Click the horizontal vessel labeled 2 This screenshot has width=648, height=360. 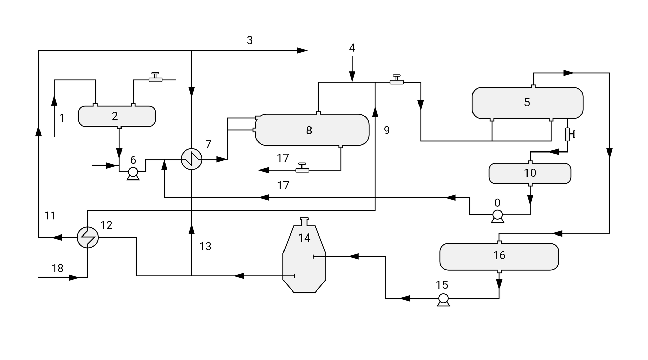117,116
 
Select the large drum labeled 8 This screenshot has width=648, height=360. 312,130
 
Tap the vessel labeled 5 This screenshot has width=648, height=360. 527,103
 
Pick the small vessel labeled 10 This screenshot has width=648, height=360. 530,173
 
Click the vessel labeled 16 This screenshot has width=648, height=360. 499,256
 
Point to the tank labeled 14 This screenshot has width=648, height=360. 304,260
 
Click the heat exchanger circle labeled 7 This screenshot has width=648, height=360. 191,159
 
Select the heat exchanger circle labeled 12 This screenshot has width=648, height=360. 87,238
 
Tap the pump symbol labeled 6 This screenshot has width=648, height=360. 133,172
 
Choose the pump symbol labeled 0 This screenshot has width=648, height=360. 497,215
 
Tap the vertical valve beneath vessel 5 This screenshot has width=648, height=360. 568,134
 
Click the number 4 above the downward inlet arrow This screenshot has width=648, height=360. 352,48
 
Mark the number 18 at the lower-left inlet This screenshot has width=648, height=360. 58,268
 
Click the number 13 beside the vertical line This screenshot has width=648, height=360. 205,247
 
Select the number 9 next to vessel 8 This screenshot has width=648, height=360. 387,130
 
